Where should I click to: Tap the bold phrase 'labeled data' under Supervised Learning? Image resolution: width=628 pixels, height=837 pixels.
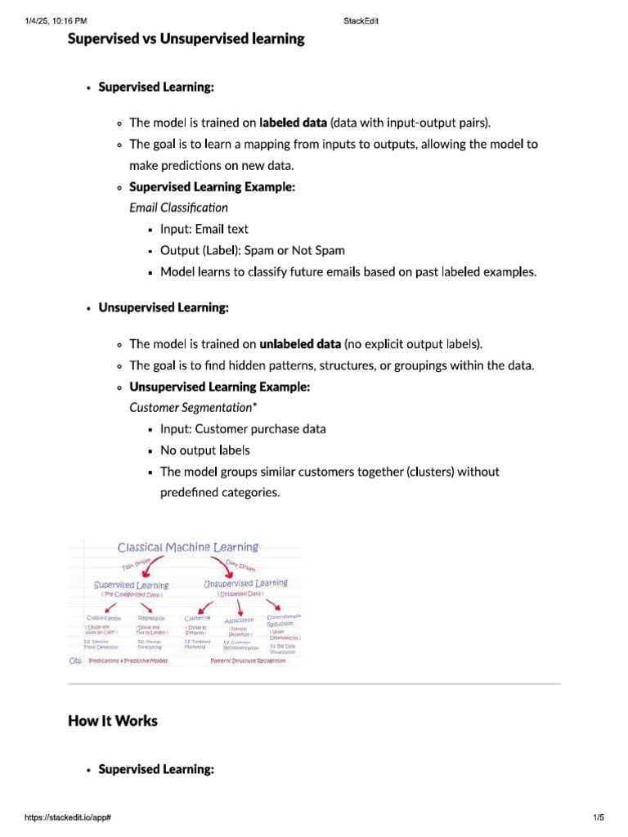tap(294, 123)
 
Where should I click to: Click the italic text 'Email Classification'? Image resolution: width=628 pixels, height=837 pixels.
tap(178, 208)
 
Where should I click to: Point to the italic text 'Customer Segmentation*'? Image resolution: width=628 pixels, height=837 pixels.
tap(187, 407)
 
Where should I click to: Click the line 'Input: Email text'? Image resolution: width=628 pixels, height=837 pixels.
tap(204, 229)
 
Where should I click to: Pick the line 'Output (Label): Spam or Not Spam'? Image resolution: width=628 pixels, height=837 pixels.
tap(252, 250)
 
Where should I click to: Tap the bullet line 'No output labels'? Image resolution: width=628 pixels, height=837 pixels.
tap(204, 450)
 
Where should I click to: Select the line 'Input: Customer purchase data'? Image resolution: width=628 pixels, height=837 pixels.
tap(243, 428)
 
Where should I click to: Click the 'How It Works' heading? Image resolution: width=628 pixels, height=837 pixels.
tap(112, 720)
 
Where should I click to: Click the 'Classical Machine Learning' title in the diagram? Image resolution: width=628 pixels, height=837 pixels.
tap(187, 548)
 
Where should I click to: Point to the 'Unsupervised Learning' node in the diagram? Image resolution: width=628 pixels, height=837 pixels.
tap(245, 584)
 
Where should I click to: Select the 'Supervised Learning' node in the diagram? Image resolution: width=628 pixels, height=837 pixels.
tap(131, 585)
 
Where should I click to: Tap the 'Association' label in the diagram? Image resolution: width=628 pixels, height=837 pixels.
tap(240, 620)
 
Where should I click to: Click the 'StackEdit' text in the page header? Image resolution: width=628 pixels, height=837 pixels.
tap(361, 21)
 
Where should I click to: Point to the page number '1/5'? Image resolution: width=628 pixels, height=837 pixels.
tap(597, 817)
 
